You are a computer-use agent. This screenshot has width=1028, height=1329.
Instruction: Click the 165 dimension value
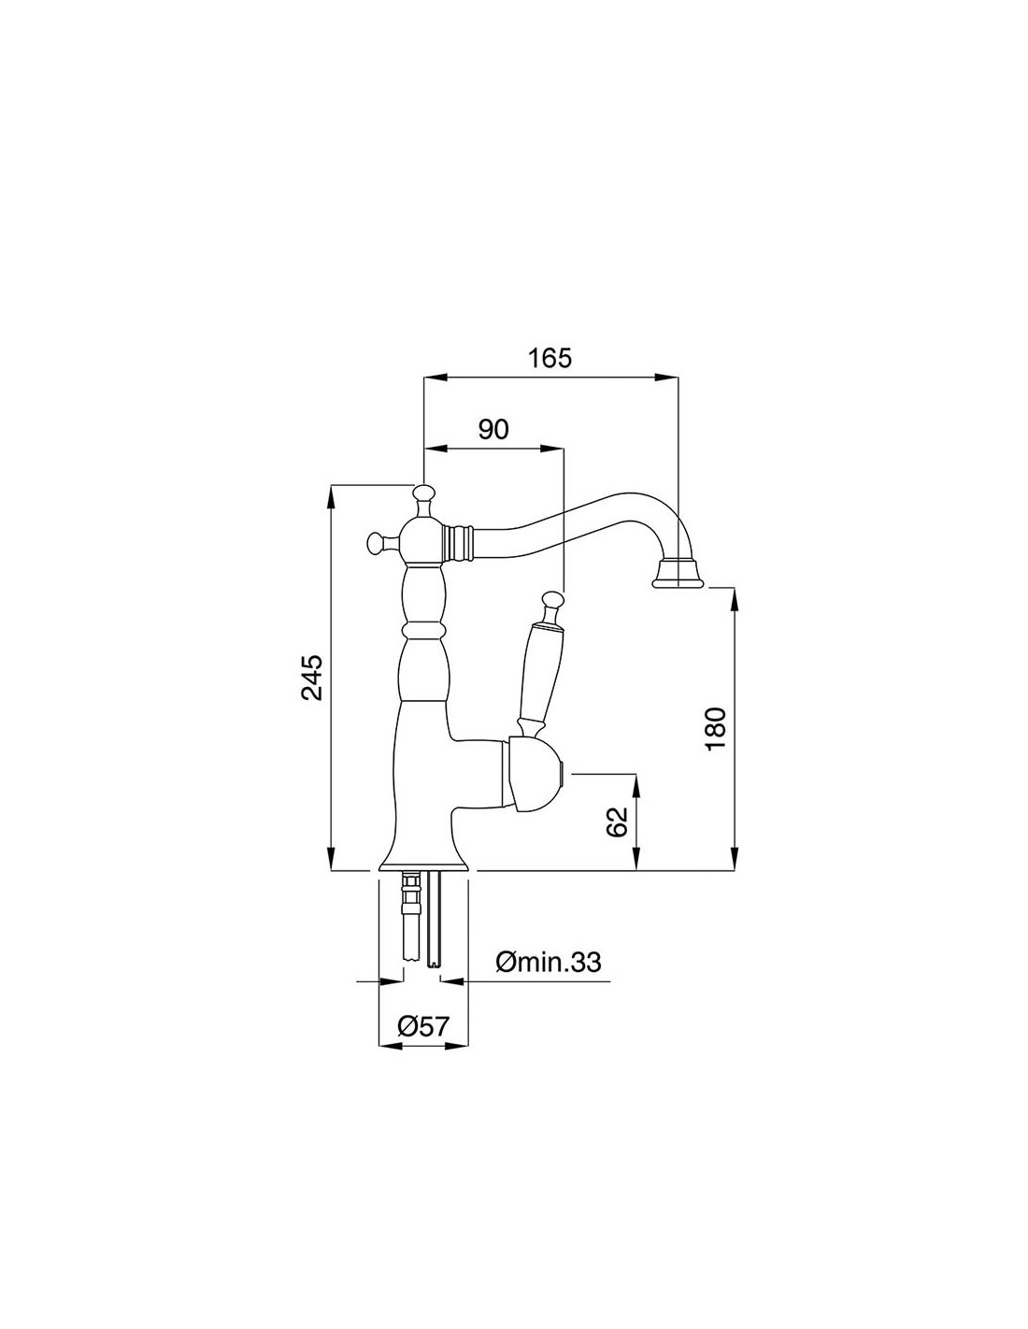[550, 358]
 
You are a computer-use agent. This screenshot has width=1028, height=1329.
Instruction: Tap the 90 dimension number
[493, 429]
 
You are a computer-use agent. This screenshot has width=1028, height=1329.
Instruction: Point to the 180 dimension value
[715, 729]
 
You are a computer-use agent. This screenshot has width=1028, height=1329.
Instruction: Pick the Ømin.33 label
[549, 963]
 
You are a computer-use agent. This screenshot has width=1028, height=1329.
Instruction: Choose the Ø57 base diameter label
[423, 1025]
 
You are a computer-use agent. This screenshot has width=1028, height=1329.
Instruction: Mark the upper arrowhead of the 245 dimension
[331, 497]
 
